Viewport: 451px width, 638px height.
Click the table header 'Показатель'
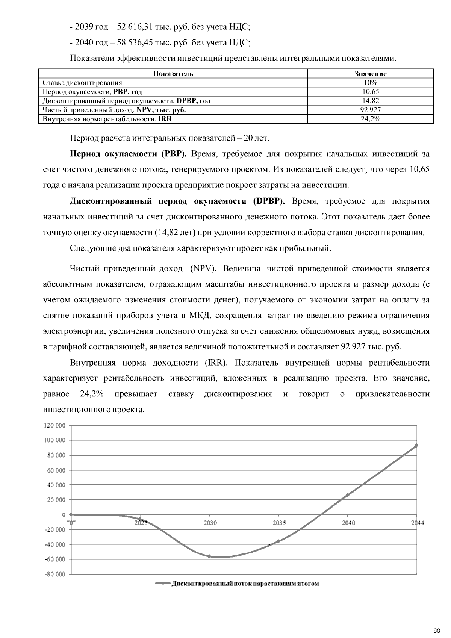tap(173, 74)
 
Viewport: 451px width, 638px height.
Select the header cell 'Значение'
tap(371, 74)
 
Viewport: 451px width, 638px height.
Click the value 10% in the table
tap(371, 83)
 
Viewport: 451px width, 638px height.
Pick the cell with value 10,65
tap(371, 92)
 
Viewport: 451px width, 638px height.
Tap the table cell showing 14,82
tap(371, 101)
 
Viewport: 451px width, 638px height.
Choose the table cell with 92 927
tap(371, 110)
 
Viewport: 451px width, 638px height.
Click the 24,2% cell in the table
tap(371, 119)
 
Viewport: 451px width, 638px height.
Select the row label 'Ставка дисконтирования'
tap(82, 83)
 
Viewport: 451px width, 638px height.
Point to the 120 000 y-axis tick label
tap(55, 426)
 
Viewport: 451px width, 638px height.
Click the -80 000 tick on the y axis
tap(55, 575)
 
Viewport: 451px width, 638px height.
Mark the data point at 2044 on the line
tap(416, 445)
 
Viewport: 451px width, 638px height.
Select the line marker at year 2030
tap(209, 556)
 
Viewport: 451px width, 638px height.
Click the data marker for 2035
tap(278, 541)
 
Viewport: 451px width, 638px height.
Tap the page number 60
tap(436, 630)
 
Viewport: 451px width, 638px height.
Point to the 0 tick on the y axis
tap(64, 515)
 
